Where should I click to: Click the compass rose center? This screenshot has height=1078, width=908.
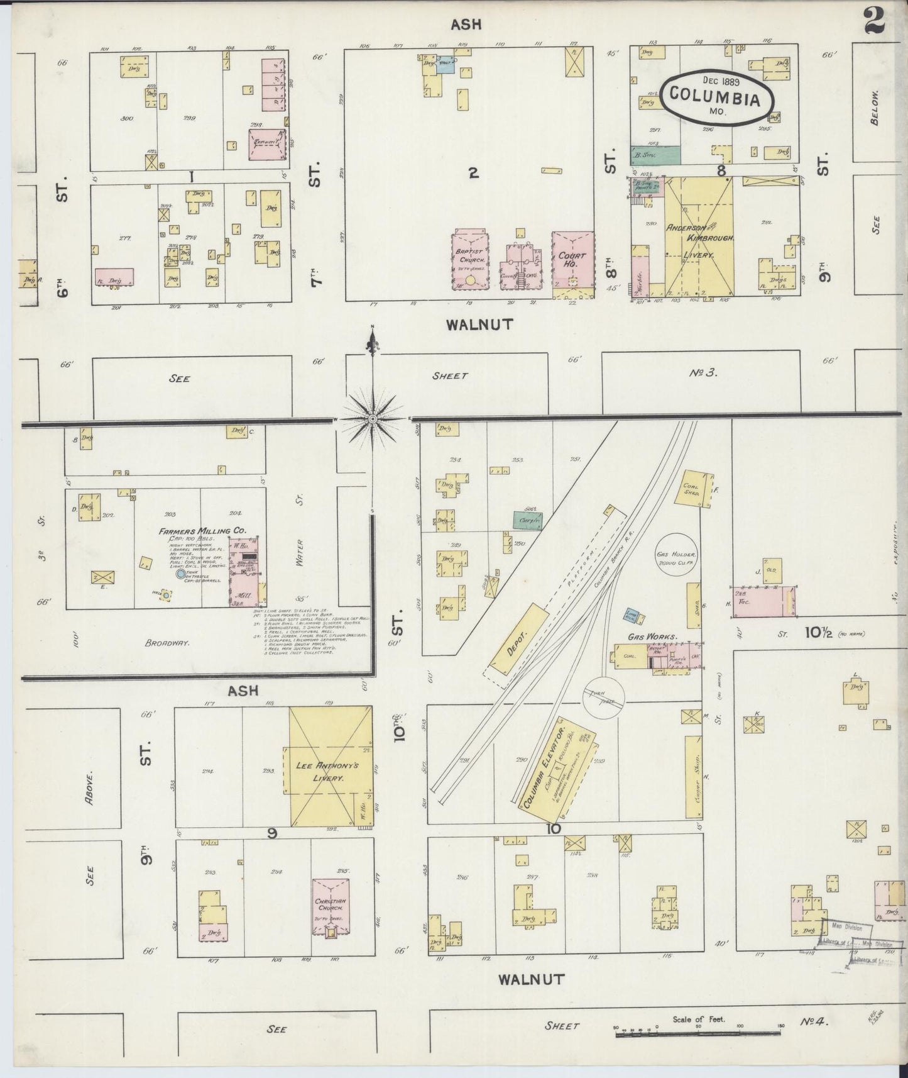(x=373, y=418)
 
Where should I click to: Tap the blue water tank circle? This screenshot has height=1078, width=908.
(x=181, y=574)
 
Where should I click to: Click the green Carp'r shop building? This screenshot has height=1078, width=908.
(x=528, y=520)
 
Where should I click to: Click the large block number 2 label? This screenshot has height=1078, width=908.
(x=473, y=172)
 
